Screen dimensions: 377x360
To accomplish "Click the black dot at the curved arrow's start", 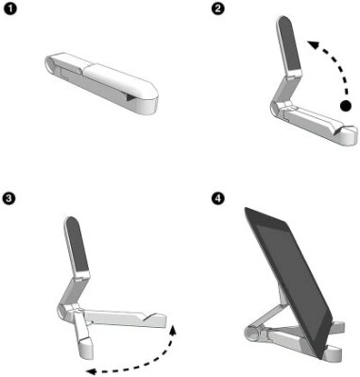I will (346, 107).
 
